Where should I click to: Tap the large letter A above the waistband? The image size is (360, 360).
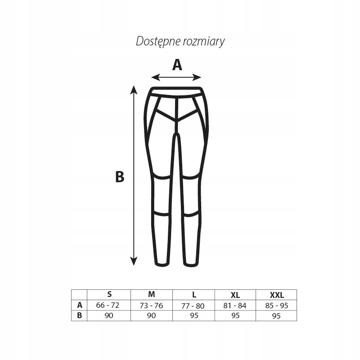(177, 65)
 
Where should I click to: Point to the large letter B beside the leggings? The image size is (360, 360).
(120, 177)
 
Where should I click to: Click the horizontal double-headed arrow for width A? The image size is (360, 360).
(176, 76)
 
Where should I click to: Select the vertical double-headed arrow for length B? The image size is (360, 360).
(134, 175)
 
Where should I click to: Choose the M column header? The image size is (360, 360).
(152, 295)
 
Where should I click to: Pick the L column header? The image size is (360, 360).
(194, 295)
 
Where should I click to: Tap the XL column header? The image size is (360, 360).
(235, 295)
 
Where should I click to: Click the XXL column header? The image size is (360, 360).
(277, 295)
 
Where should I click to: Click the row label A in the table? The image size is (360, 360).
(80, 305)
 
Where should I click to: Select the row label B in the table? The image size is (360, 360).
(80, 315)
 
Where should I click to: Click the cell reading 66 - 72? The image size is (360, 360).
(108, 305)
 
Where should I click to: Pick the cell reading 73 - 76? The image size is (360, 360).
(152, 306)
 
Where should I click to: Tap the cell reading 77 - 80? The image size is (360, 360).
(193, 306)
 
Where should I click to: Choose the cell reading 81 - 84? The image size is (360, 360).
(235, 306)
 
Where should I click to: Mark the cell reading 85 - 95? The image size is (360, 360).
(277, 306)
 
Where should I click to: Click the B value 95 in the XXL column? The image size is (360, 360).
(277, 316)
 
